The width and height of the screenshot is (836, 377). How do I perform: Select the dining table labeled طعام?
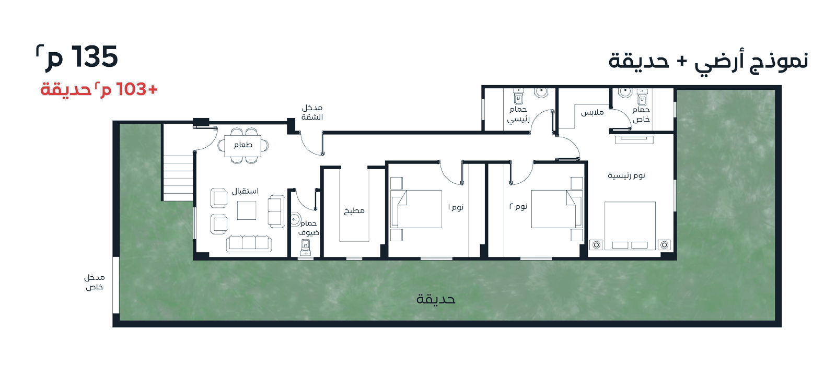[x=243, y=146]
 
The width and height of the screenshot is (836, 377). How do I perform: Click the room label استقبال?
[x=245, y=191]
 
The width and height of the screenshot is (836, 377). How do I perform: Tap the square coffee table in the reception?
[x=247, y=210]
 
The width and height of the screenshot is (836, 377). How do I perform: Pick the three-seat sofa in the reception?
[x=249, y=243]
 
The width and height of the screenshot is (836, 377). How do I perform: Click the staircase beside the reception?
[x=178, y=178]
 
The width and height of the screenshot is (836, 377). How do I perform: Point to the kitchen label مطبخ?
[x=354, y=211]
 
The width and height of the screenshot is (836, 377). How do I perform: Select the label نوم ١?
[x=456, y=207]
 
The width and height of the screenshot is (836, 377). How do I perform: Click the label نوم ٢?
[x=518, y=207]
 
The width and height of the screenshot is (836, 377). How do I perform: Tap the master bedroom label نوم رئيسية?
[x=626, y=175]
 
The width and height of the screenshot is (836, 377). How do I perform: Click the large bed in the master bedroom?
[x=630, y=226]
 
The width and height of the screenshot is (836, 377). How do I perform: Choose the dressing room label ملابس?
[x=593, y=112]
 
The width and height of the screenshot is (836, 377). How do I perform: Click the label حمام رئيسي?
[x=518, y=114]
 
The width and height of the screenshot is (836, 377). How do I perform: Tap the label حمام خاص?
[x=641, y=114]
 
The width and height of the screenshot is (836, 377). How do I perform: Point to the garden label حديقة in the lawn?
[x=436, y=300]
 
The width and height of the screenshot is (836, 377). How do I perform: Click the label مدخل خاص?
[x=95, y=282]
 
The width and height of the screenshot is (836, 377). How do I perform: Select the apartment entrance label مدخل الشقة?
[x=312, y=112]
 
